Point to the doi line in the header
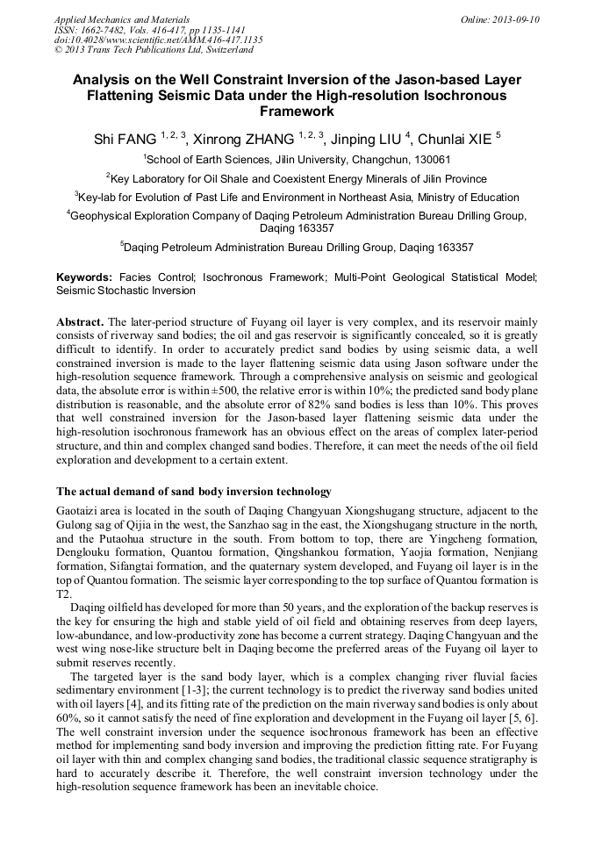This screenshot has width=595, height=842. [x=158, y=40]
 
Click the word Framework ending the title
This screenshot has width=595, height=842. [x=297, y=112]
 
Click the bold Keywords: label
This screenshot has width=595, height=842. [x=84, y=277]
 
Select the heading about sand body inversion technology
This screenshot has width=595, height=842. [x=194, y=491]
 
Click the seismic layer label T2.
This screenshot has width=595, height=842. [x=63, y=594]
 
